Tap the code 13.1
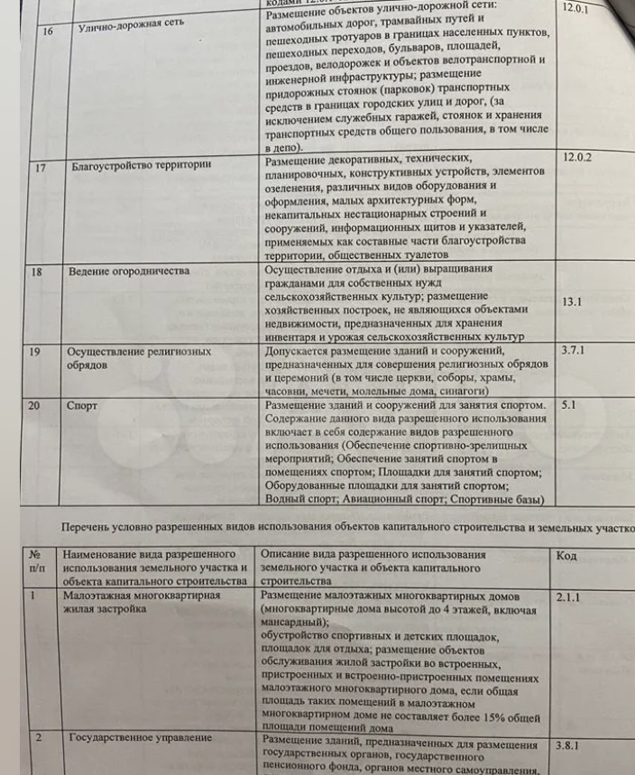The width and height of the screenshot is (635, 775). [572, 303]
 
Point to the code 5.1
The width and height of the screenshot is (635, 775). [568, 406]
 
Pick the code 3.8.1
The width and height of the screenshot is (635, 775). [572, 746]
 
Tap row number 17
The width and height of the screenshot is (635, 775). [41, 167]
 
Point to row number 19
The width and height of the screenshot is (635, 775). [35, 352]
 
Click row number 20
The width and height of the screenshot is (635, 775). [34, 406]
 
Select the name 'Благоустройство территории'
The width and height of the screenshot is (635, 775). [141, 166]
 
